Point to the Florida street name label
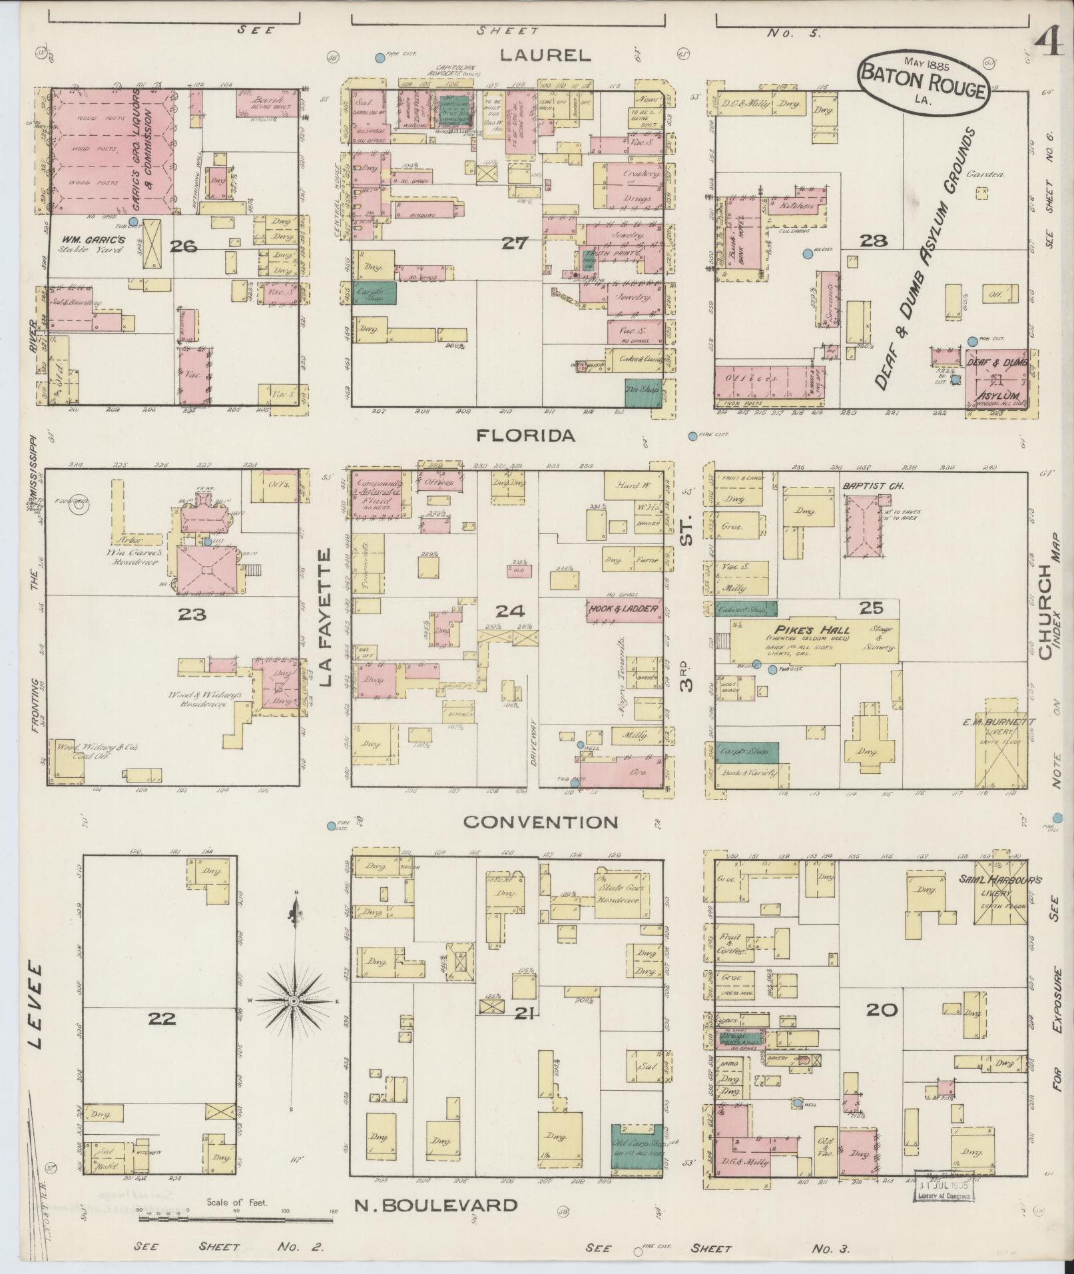(526, 436)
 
